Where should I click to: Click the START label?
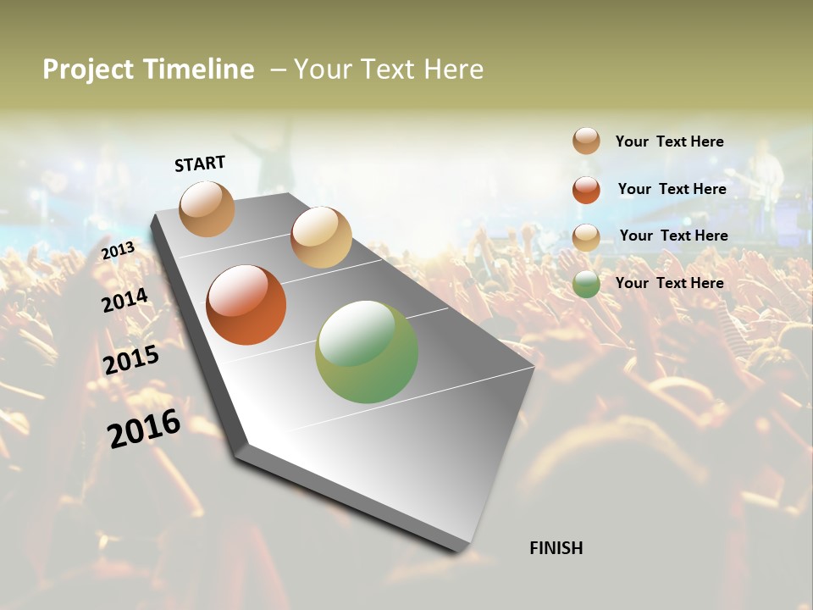point(200,164)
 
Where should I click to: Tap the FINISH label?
point(556,548)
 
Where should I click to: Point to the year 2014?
point(125,300)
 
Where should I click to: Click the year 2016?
point(144,428)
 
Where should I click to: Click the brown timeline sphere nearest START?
point(207,208)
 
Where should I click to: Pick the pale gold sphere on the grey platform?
point(321,237)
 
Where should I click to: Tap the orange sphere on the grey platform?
point(246,305)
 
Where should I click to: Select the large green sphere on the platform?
point(367,352)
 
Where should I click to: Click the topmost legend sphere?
point(586,141)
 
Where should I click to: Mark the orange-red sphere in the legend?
point(586,190)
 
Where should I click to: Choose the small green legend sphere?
point(586,284)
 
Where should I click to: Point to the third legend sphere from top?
point(586,237)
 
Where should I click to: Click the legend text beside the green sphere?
point(670,283)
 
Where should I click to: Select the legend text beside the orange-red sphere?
point(672,189)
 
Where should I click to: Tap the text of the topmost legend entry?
point(670,141)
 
